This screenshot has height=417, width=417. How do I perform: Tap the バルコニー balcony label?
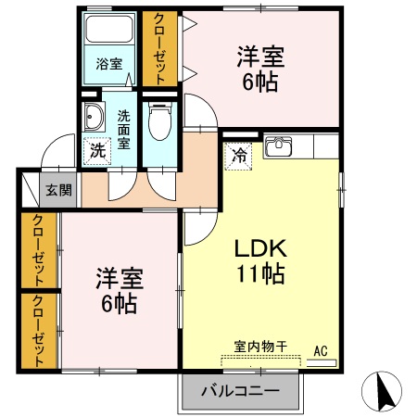tap(240, 391)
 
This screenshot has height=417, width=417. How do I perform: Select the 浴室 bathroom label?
tap(109, 64)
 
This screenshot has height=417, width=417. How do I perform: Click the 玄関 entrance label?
tap(58, 191)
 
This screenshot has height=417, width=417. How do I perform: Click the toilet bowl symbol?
tap(159, 120)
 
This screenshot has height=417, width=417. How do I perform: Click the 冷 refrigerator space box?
tap(239, 155)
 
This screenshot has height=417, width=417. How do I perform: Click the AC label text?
tap(321, 350)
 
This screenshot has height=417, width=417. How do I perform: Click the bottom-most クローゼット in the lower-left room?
tap(39, 331)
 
